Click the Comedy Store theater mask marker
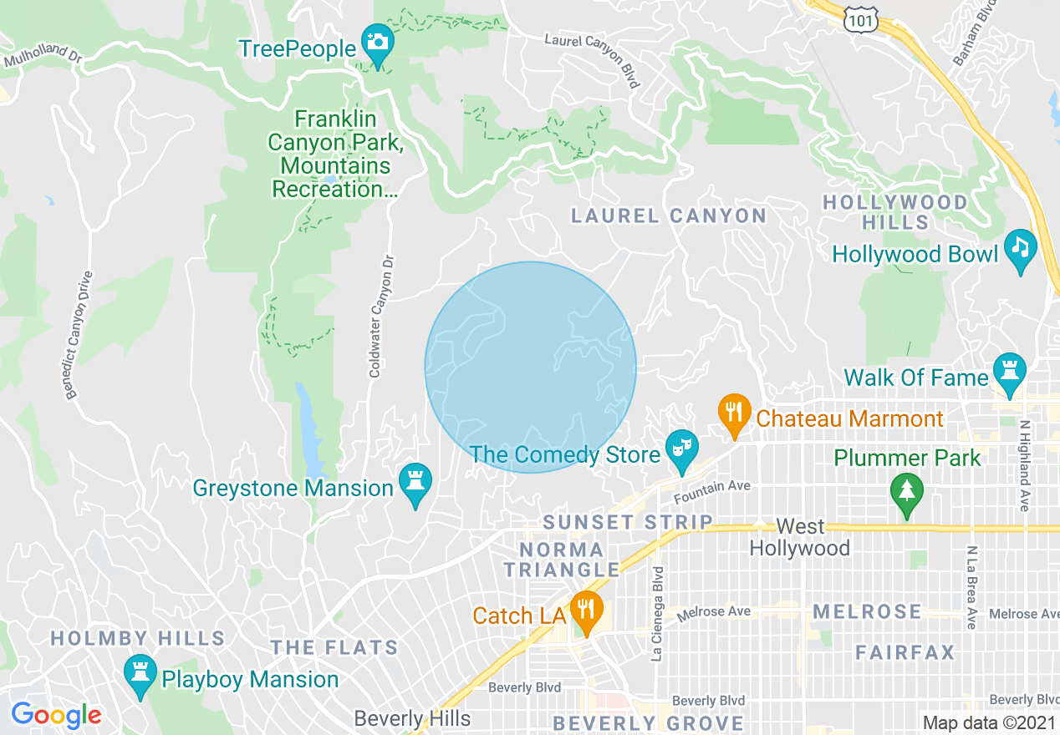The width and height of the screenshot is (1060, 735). click(681, 450)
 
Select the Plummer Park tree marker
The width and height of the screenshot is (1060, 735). click(906, 493)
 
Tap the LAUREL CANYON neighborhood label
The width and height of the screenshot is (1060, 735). click(669, 215)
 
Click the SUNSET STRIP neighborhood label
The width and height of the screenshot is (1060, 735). click(628, 523)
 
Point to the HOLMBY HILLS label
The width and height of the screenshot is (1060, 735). click(138, 639)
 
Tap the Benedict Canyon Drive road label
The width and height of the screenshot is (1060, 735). click(79, 334)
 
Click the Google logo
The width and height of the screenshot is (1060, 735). click(57, 715)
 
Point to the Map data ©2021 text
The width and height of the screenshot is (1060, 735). click(987, 722)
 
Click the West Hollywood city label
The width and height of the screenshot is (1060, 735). click(800, 537)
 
